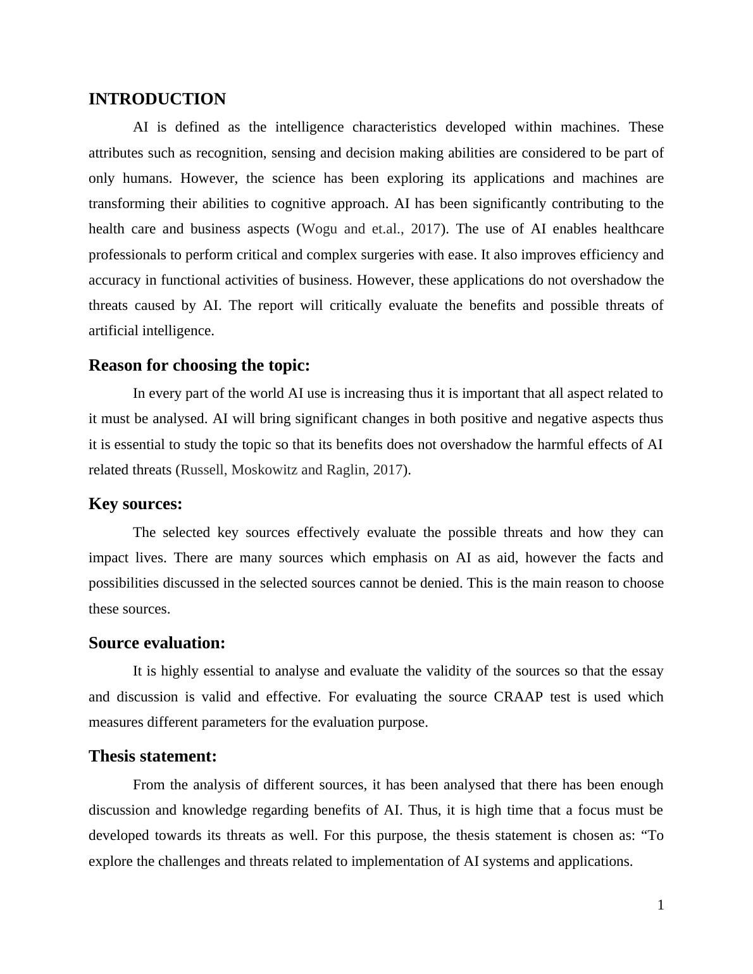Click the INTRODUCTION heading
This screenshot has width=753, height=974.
(x=157, y=99)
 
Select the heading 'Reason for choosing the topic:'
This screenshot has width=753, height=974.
(x=199, y=366)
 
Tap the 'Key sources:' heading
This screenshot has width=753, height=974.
(x=135, y=504)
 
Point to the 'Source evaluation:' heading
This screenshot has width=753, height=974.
(x=157, y=643)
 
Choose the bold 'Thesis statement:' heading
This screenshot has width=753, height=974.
(x=152, y=756)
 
